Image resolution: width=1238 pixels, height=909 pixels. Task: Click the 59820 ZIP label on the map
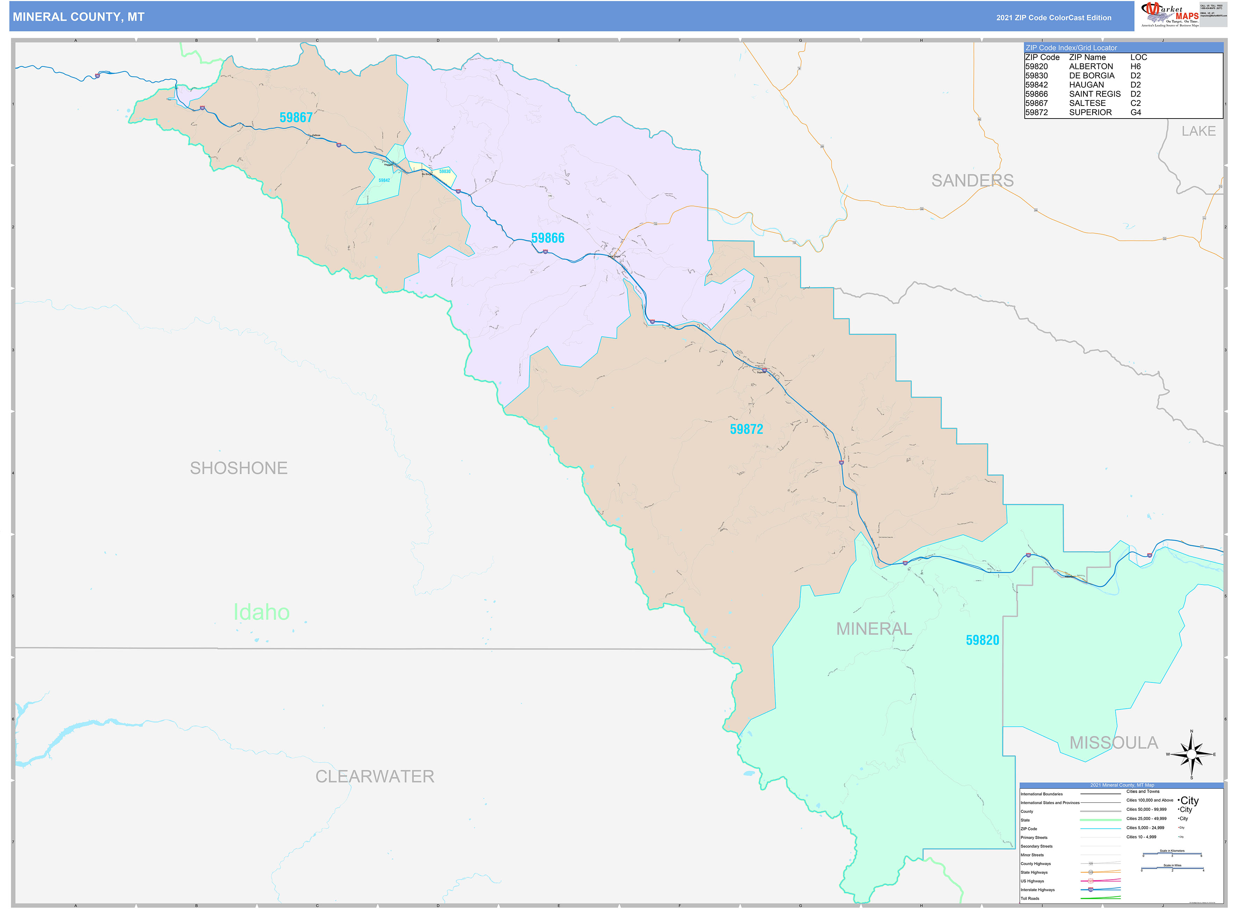982,640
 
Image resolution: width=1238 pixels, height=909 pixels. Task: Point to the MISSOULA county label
1113,743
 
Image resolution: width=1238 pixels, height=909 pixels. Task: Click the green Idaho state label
262,612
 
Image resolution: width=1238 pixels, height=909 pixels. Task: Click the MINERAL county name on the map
873,628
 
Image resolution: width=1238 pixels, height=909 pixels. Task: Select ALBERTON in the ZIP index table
1090,66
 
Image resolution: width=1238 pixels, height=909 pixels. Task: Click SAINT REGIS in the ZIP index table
1094,94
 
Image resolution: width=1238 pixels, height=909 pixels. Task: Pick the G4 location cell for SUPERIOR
1135,112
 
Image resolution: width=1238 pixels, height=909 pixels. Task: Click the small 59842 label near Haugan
384,180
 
